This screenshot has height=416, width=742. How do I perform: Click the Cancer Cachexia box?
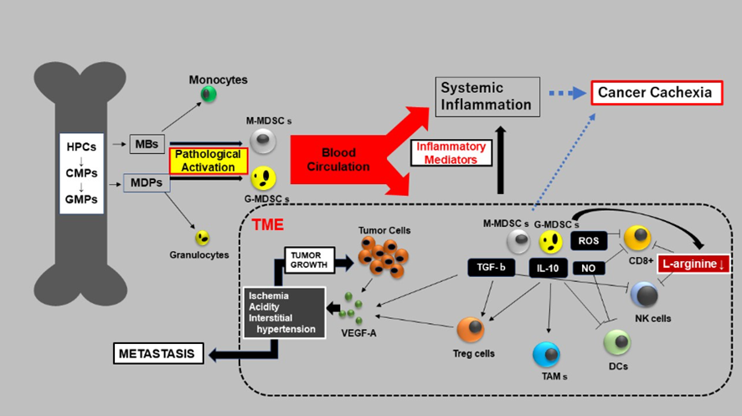point(655,92)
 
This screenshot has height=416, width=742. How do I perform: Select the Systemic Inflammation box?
point(488,96)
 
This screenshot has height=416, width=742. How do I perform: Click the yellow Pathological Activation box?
point(208,160)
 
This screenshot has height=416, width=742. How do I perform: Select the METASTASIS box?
point(158,354)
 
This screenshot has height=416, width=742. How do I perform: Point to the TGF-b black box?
point(489,268)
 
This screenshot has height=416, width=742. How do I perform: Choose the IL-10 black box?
point(549,268)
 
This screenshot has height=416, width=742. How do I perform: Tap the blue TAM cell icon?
point(547,355)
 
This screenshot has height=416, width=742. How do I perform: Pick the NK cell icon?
point(645,295)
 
